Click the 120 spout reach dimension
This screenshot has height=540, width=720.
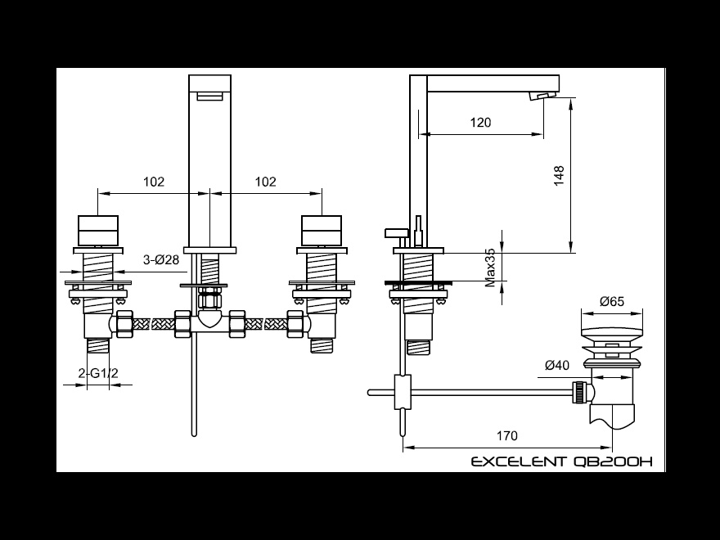pyautogui.click(x=480, y=123)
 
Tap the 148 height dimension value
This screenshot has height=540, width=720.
pyautogui.click(x=559, y=176)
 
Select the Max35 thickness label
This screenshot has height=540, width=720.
pyautogui.click(x=490, y=268)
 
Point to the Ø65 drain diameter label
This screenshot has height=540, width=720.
pyautogui.click(x=612, y=301)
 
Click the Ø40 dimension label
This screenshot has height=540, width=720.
pyautogui.click(x=557, y=365)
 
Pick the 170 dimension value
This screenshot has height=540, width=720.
pyautogui.click(x=507, y=435)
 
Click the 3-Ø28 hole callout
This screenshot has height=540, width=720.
pyautogui.click(x=160, y=260)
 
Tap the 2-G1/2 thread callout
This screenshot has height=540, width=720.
pyautogui.click(x=98, y=373)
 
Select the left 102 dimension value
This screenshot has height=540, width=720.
pyautogui.click(x=153, y=182)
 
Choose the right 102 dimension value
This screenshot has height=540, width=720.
pyautogui.click(x=265, y=182)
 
